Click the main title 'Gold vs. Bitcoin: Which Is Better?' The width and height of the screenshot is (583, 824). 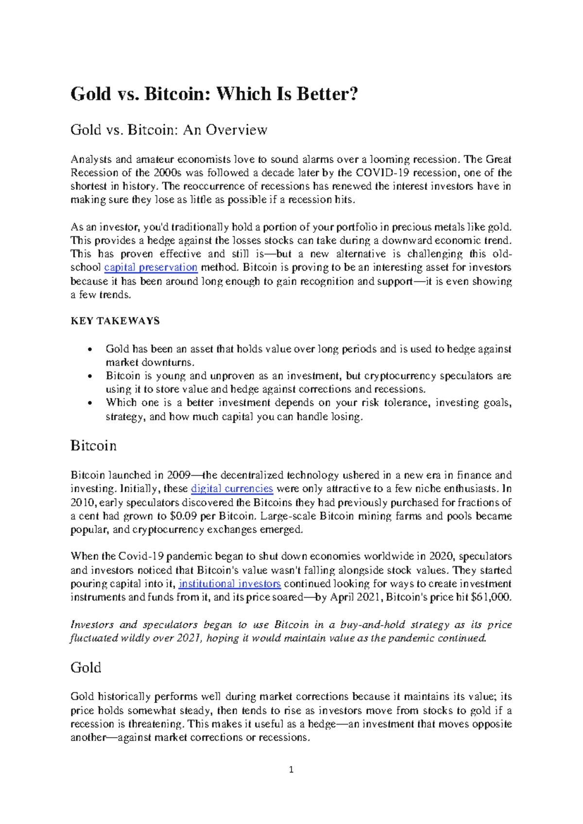(214, 94)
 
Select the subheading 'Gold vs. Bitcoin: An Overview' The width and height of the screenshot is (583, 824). (169, 130)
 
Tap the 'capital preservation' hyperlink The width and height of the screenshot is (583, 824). (151, 267)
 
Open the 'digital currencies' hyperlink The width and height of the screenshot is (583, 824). (232, 488)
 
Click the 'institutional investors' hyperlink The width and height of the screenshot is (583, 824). (229, 584)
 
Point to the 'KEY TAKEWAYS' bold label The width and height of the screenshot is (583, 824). (115, 321)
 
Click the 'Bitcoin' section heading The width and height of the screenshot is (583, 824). (93, 446)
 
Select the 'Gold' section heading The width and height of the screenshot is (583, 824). (86, 668)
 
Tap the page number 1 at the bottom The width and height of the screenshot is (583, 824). (291, 770)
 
